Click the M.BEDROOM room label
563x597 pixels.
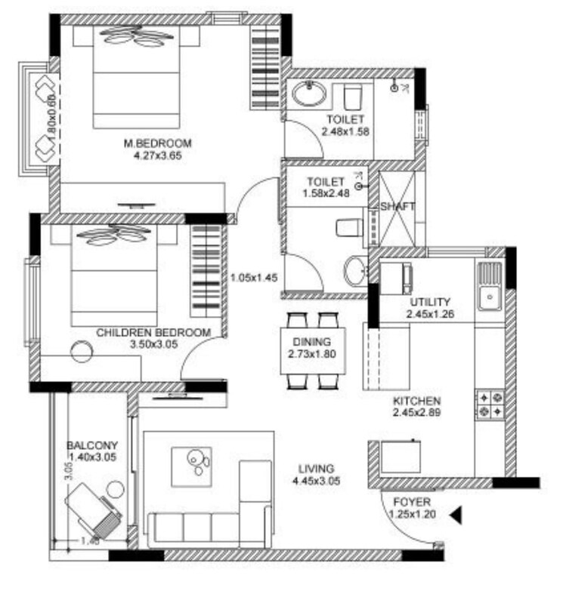[158, 143]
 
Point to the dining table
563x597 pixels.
[313, 350]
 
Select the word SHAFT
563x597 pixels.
[398, 206]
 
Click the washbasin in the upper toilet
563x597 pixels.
[310, 95]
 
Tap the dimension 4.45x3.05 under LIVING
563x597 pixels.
[316, 480]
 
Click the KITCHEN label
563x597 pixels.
[416, 401]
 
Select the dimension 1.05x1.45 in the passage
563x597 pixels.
[254, 277]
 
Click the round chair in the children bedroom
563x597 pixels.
[82, 350]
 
